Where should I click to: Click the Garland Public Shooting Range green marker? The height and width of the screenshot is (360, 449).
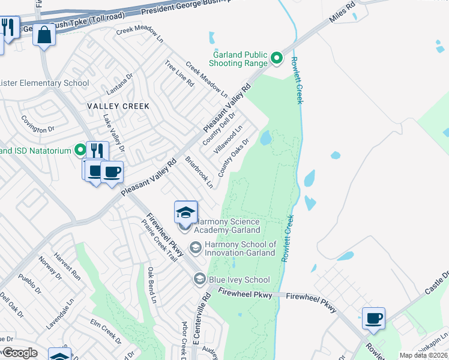[277, 58]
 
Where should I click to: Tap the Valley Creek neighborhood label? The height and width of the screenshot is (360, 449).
[110, 106]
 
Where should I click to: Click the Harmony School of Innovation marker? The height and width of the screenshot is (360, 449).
[196, 247]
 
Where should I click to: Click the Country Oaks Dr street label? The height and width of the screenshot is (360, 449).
[234, 158]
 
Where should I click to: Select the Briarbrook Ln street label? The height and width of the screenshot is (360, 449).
[199, 173]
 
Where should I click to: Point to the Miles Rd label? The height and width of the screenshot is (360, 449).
[342, 13]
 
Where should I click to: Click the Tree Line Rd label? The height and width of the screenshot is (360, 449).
[179, 73]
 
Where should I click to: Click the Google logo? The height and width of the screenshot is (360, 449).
[20, 353]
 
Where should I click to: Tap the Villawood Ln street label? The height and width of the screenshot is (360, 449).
[229, 137]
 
